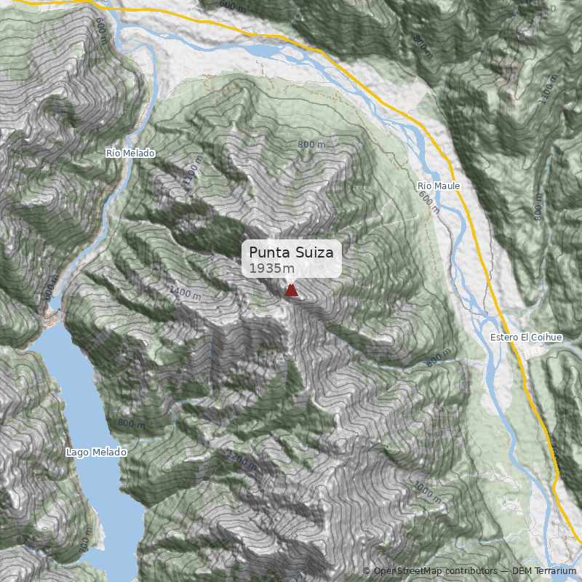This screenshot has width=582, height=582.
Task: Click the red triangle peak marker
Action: click(x=291, y=290)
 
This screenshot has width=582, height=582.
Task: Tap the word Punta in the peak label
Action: click(x=268, y=252)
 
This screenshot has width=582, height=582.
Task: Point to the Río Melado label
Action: click(x=130, y=153)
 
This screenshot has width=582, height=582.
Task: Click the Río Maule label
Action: click(x=439, y=186)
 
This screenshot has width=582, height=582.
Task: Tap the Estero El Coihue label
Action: click(x=526, y=338)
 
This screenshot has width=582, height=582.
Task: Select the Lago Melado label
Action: click(x=96, y=452)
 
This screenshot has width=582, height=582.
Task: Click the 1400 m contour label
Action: click(x=184, y=292)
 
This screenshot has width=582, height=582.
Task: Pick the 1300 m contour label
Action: click(x=242, y=460)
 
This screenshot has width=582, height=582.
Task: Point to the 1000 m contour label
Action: click(x=426, y=491)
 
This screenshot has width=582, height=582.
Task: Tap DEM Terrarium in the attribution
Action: click(x=544, y=571)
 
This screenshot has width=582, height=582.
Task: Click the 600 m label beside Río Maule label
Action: click(x=429, y=204)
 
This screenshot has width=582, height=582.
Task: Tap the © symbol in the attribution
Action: click(x=367, y=571)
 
